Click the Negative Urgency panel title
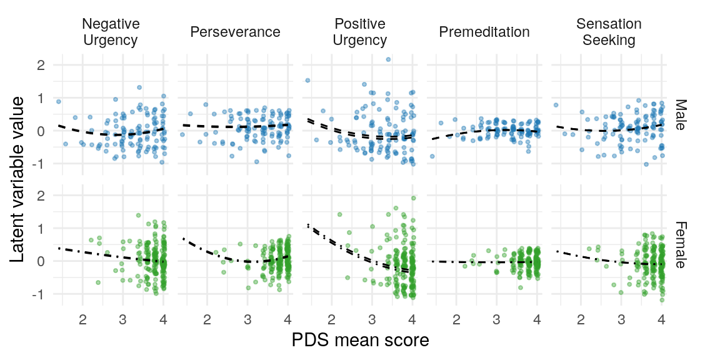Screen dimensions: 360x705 pyautogui.click(x=111, y=32)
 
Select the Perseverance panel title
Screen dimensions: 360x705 pyautogui.click(x=235, y=32)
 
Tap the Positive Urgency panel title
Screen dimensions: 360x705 pyautogui.click(x=359, y=32)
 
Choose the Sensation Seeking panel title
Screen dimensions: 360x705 pyautogui.click(x=608, y=32)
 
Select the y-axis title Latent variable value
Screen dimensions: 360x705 pyautogui.click(x=19, y=179)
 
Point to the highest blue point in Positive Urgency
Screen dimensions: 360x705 pyautogui.click(x=388, y=59)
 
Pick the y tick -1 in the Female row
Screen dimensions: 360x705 pyautogui.click(x=37, y=294)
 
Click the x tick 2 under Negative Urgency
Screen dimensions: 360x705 pyautogui.click(x=82, y=320)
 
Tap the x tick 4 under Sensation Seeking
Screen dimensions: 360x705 pyautogui.click(x=661, y=320)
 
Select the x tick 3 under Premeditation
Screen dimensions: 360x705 pyautogui.click(x=496, y=320)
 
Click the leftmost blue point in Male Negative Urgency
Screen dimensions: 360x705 pyautogui.click(x=58, y=101)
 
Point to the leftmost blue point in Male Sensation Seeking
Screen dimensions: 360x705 pyautogui.click(x=556, y=105)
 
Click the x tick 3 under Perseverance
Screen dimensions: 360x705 pyautogui.click(x=247, y=320)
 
